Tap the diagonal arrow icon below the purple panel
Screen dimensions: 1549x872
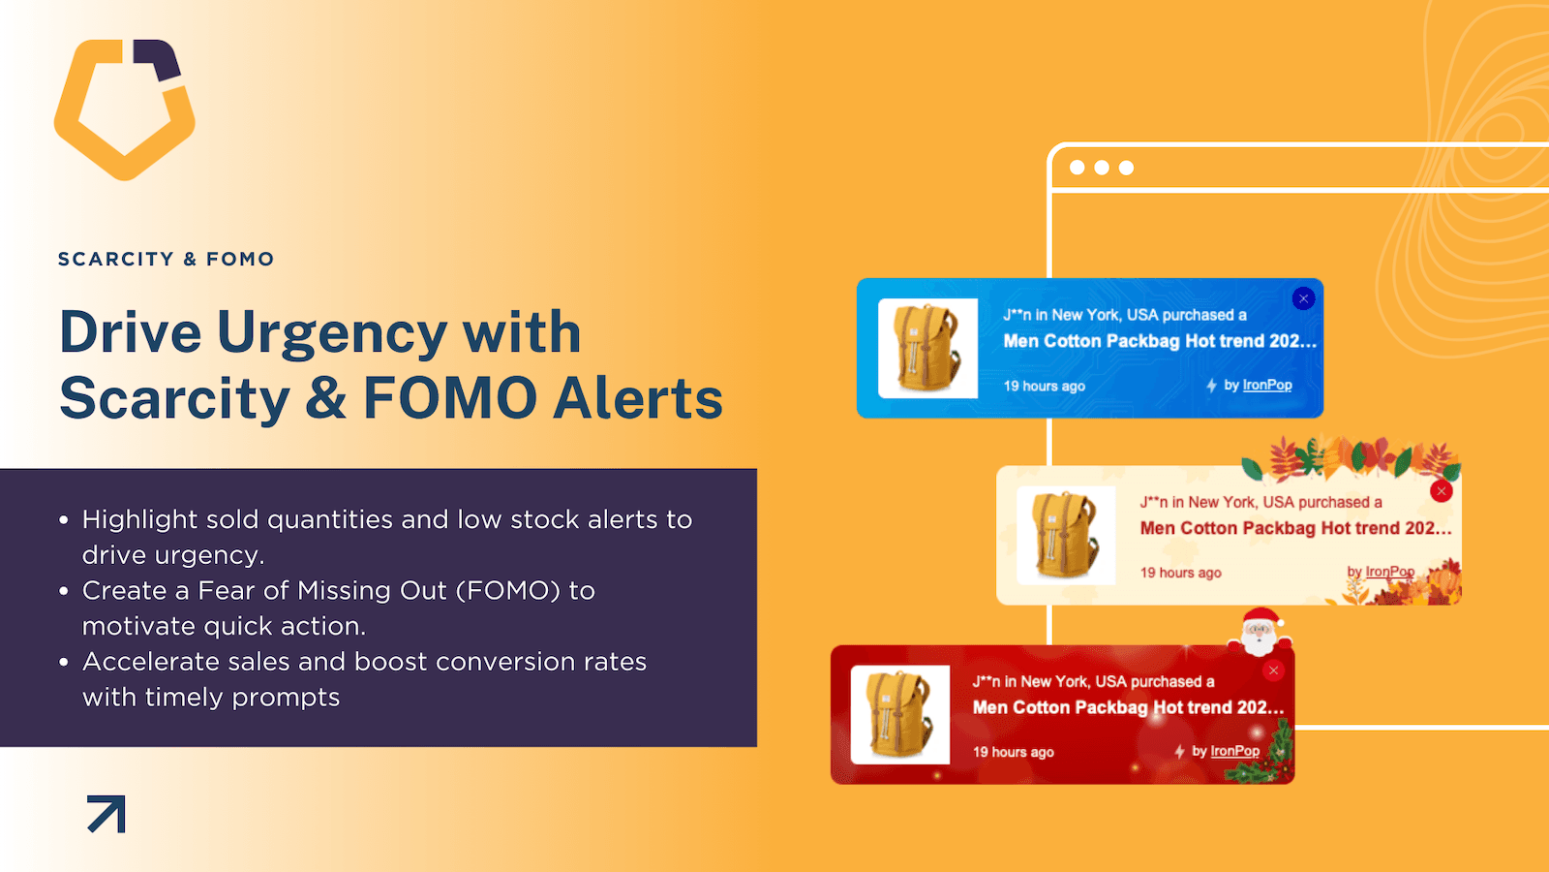point(106,814)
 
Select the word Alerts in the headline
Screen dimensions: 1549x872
point(638,398)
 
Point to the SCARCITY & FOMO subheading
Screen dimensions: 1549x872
point(166,259)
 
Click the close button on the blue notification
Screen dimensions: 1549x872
point(1303,299)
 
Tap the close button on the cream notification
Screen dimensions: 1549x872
point(1442,491)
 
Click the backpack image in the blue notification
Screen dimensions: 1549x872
point(928,348)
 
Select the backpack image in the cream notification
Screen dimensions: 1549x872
point(1066,535)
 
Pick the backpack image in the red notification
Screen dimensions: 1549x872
point(899,715)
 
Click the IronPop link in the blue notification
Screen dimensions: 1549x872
point(1267,385)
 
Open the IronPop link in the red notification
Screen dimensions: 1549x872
point(1235,751)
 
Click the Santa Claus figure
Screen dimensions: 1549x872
point(1260,631)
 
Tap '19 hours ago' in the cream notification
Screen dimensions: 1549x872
point(1180,573)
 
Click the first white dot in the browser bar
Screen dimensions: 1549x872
point(1077,168)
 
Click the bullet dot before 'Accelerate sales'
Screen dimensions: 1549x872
point(64,663)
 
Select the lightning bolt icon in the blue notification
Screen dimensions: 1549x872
point(1211,386)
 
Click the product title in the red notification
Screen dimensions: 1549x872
point(1128,707)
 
